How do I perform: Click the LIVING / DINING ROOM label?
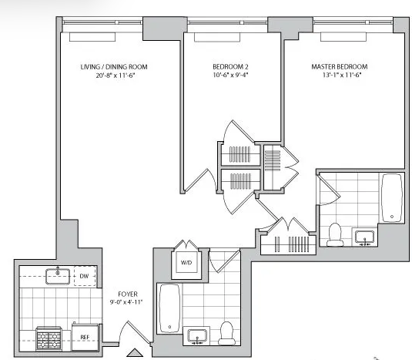click(114, 67)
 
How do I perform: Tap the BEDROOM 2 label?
click(230, 67)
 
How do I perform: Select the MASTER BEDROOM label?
click(340, 67)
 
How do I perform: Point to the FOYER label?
click(128, 294)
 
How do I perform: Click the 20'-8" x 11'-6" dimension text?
click(115, 76)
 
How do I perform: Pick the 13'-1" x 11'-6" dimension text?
click(342, 76)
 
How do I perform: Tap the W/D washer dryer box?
click(186, 262)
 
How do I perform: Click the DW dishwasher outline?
click(85, 276)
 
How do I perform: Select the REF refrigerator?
click(85, 337)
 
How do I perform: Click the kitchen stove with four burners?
click(49, 338)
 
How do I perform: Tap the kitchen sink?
click(58, 277)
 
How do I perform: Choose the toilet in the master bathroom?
click(335, 234)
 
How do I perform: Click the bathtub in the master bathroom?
click(392, 198)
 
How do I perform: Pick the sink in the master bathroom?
click(365, 237)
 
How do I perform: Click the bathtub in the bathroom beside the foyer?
click(169, 308)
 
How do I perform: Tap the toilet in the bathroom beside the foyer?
click(226, 333)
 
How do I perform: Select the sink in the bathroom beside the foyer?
click(197, 336)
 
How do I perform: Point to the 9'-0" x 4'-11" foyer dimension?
click(126, 302)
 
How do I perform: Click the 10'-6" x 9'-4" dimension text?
click(230, 76)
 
